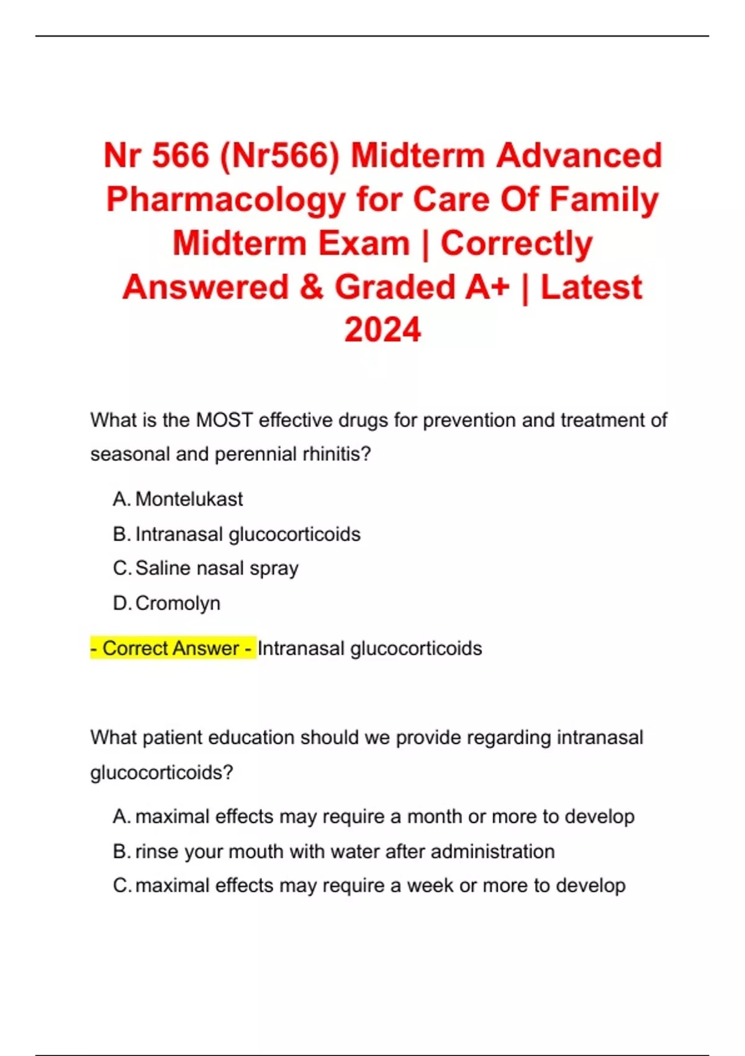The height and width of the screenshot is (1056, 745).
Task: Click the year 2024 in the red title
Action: pos(382,330)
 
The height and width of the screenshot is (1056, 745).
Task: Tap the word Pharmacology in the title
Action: pos(226,200)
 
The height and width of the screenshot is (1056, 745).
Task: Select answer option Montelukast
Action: pos(189,499)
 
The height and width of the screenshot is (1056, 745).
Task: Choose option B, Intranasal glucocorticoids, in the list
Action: pos(247,534)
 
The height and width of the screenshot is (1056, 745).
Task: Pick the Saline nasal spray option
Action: pos(217,568)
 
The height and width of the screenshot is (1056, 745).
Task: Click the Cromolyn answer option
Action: pos(178,603)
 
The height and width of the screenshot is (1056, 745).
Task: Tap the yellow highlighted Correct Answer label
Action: pos(173,649)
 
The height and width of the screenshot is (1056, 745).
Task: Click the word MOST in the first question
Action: pos(224,421)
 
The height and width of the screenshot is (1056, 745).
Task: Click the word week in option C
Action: pos(430,885)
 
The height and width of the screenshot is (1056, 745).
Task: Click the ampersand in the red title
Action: pos(312,287)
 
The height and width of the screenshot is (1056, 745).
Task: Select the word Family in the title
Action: pos(604,200)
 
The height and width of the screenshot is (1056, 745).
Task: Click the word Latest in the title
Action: pos(591,287)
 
